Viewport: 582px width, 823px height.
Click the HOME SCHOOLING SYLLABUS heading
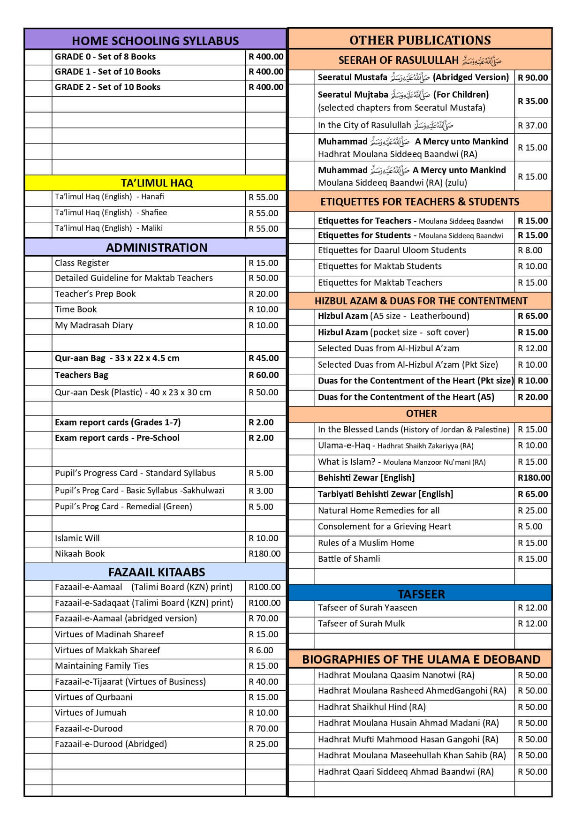click(x=155, y=41)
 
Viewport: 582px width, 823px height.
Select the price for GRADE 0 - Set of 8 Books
click(x=266, y=57)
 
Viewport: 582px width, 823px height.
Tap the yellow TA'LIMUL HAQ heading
click(x=157, y=183)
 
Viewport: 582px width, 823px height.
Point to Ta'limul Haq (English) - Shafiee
click(x=111, y=212)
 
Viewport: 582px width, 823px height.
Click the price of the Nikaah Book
click(x=265, y=554)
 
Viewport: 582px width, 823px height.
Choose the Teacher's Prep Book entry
click(x=95, y=294)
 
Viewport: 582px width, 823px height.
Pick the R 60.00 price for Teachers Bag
click(x=264, y=375)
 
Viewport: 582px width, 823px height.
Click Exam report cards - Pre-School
click(x=117, y=438)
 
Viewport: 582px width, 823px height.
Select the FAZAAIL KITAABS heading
click(x=157, y=572)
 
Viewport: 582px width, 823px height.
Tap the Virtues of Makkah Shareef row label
click(x=107, y=650)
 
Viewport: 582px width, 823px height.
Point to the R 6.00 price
click(x=261, y=650)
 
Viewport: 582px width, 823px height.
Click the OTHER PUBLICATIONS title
click(x=420, y=40)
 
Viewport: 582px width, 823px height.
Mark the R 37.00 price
click(x=532, y=126)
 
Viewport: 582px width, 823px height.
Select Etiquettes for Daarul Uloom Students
click(x=392, y=250)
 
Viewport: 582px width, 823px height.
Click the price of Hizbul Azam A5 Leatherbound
click(x=533, y=316)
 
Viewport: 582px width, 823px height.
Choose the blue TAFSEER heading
click(x=421, y=594)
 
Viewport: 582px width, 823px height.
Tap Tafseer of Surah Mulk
click(x=361, y=624)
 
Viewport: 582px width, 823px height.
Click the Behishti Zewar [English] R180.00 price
click(x=534, y=478)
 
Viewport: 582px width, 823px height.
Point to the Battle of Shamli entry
click(x=349, y=559)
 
